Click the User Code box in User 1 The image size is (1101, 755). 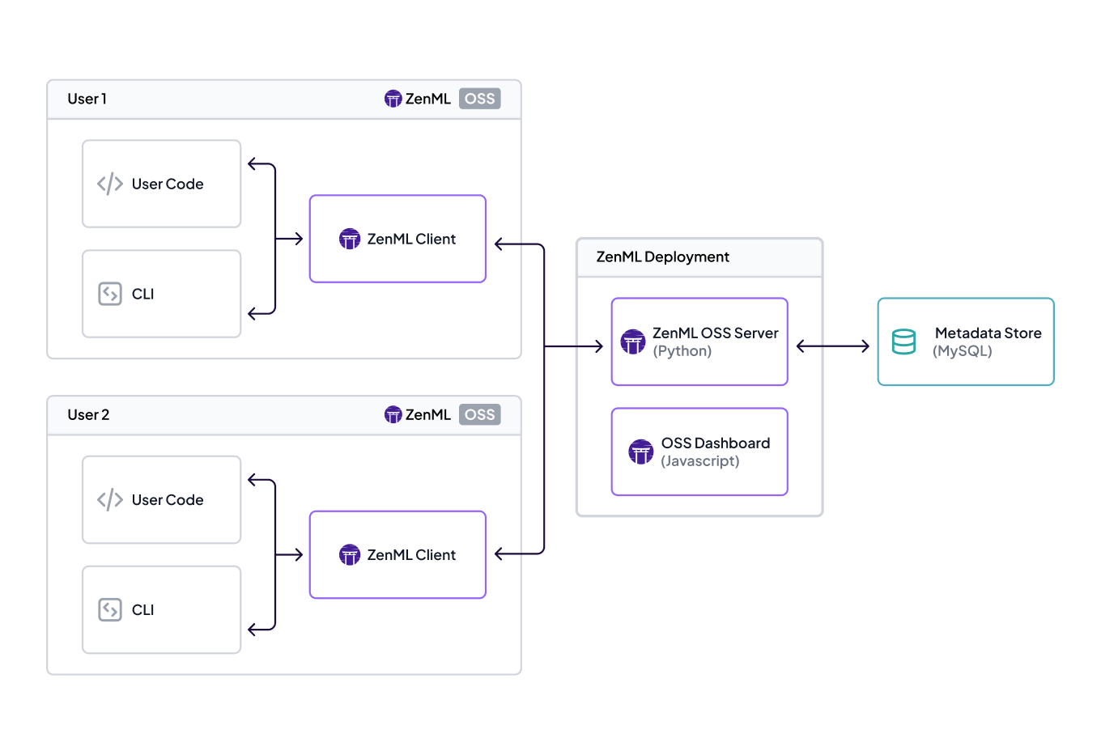161,184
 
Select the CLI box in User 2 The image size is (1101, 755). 161,609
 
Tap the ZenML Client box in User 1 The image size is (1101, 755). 397,239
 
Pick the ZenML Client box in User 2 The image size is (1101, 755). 397,554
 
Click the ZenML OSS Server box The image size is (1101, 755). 699,341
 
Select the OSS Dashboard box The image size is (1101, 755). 699,452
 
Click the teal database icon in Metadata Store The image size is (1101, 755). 903,341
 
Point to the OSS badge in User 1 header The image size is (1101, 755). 479,99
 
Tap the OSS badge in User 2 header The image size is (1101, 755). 479,414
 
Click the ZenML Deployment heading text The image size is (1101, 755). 662,257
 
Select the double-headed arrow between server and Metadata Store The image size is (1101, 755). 832,346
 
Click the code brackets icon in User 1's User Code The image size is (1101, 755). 110,184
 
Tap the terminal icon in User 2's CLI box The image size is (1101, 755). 110,609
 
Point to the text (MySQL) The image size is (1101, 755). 962,351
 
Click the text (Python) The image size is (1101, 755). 682,351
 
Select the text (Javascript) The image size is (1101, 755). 699,461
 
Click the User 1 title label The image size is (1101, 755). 87,99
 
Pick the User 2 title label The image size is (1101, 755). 88,414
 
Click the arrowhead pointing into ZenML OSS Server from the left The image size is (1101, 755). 598,346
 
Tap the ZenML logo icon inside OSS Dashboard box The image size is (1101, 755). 640,452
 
